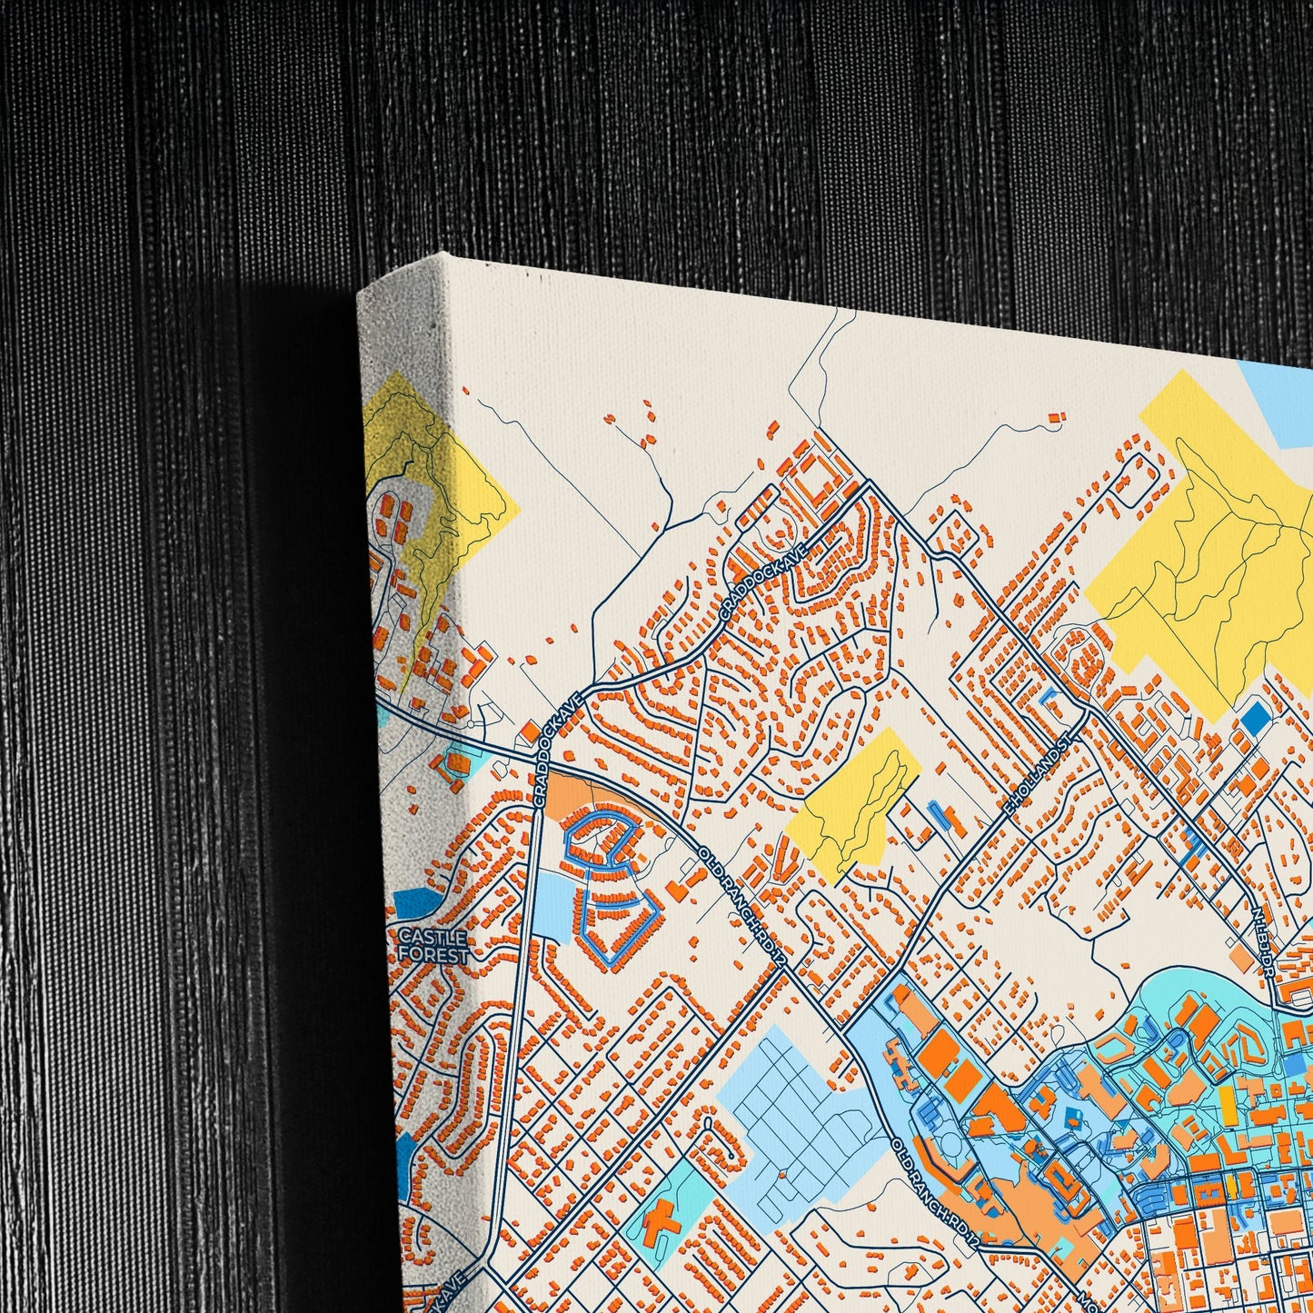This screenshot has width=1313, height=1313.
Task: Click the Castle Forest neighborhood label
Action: click(x=433, y=946)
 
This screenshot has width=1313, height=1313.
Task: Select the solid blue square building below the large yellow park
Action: click(x=1255, y=718)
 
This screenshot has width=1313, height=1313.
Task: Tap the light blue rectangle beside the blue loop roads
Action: click(x=552, y=900)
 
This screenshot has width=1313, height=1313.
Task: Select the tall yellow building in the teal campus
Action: click(x=1227, y=1104)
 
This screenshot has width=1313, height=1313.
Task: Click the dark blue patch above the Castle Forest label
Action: click(x=415, y=902)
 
